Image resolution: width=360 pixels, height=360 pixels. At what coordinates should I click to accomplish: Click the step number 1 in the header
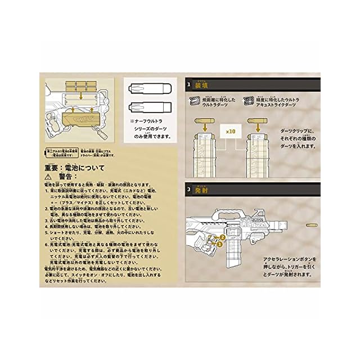pos(190,85)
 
